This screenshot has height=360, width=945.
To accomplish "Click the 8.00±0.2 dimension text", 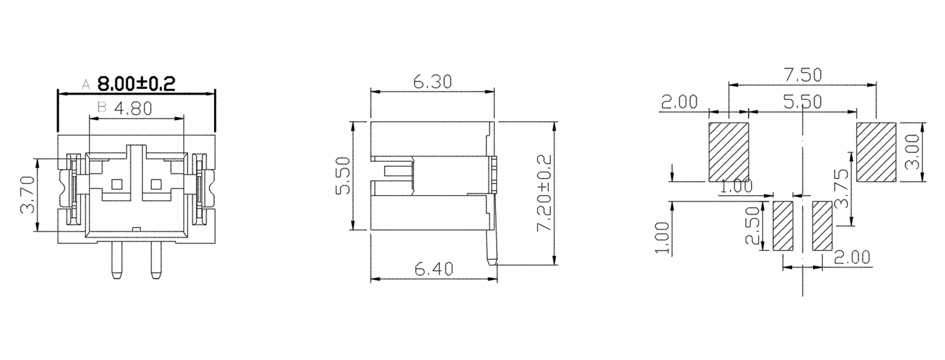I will click(x=136, y=84).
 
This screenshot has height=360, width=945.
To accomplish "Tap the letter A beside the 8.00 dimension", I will click(x=86, y=85).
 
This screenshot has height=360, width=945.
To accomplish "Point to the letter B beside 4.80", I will click(x=102, y=108).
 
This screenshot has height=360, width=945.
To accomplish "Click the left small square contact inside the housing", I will click(x=117, y=184).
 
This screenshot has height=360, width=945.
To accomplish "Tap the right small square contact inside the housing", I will click(x=156, y=184).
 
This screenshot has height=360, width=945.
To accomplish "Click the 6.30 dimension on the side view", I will click(x=432, y=82).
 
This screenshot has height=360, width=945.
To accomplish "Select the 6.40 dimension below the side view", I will click(x=434, y=269).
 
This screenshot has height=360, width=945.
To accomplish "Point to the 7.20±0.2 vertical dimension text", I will click(x=544, y=193).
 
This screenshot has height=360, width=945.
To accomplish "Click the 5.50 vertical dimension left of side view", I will click(x=343, y=175).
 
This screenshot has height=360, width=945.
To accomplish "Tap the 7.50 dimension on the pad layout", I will click(x=803, y=75).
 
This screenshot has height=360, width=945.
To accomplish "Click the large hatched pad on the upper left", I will click(x=729, y=152).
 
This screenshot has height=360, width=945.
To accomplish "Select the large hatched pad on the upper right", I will click(x=876, y=152).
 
